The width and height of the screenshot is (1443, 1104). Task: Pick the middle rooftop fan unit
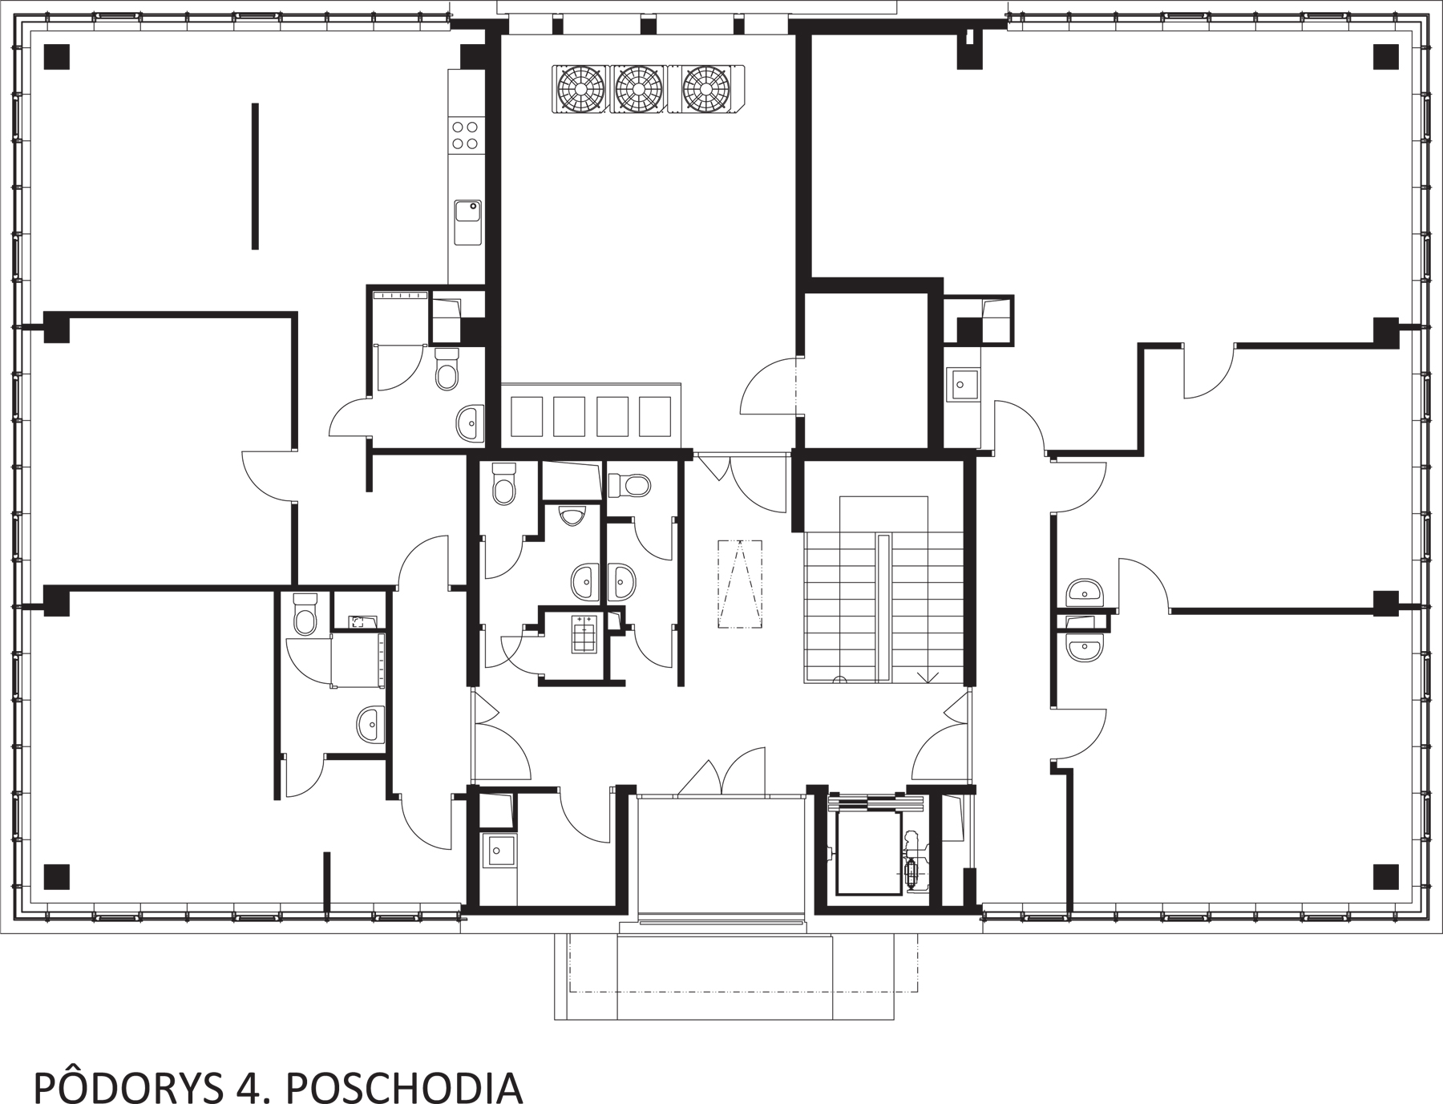(x=639, y=88)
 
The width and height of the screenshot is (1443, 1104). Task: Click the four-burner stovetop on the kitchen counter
(x=465, y=135)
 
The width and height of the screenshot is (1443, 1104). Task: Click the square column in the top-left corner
(x=57, y=56)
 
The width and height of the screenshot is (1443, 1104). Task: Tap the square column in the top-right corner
(x=1386, y=56)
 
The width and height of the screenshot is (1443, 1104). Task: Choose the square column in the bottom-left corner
(x=57, y=877)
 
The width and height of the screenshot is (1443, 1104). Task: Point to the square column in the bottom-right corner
(x=1386, y=877)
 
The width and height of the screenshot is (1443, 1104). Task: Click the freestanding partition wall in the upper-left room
(x=255, y=176)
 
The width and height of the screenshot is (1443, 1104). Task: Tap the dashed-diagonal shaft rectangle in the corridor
(x=739, y=584)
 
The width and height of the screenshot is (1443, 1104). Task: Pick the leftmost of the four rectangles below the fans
(x=527, y=416)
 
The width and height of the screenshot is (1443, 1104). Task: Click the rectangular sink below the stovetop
(x=467, y=221)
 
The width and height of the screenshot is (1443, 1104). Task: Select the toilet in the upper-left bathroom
(x=447, y=369)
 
